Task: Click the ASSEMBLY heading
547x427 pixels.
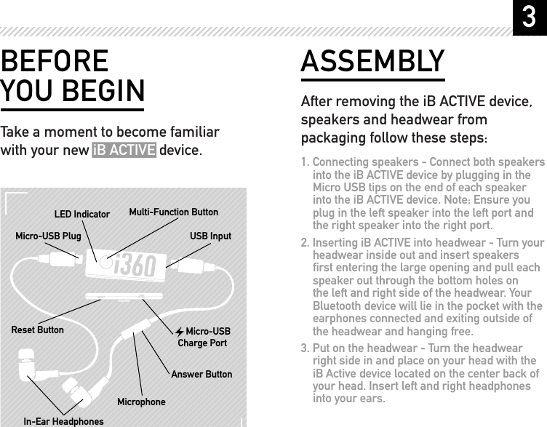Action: point(372,62)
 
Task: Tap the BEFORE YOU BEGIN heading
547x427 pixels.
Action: point(72,76)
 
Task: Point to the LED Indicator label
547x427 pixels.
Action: point(82,215)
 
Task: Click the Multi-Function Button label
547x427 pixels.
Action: point(173,212)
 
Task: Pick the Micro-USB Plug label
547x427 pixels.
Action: point(48,236)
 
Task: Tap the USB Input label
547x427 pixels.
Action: point(210,236)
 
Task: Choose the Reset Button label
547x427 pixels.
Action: point(38,330)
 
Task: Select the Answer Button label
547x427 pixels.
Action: point(201,374)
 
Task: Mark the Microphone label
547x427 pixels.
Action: point(141,402)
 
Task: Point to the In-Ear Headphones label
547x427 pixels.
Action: point(63,421)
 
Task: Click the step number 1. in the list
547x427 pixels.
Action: point(306,162)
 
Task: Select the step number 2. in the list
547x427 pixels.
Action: point(306,242)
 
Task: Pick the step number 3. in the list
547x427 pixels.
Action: point(306,348)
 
